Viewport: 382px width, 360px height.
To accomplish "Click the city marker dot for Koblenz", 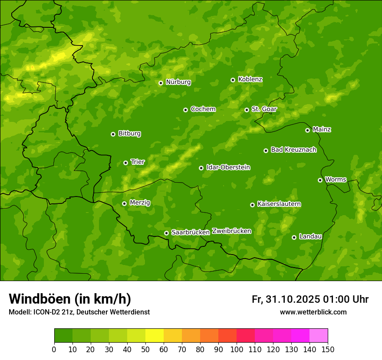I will pyautogui.click(x=233, y=80).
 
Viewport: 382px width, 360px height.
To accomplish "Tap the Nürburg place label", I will pyautogui.click(x=178, y=82).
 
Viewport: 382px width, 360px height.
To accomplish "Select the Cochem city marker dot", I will pyautogui.click(x=185, y=110).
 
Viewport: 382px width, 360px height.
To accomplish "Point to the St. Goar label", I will pyautogui.click(x=264, y=109).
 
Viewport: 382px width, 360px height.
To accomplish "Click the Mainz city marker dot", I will pyautogui.click(x=307, y=130).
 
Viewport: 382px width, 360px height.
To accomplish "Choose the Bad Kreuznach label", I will pyautogui.click(x=293, y=150).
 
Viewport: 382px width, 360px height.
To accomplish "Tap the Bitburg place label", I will pyautogui.click(x=129, y=134).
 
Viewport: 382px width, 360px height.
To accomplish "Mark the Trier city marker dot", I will pyautogui.click(x=125, y=163).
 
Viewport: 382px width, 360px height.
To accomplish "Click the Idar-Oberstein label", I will pyautogui.click(x=228, y=167).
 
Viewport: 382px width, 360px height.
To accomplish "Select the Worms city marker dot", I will pyautogui.click(x=320, y=180).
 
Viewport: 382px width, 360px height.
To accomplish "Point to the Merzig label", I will pyautogui.click(x=140, y=203).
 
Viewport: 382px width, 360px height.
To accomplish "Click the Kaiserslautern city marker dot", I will pyautogui.click(x=252, y=205).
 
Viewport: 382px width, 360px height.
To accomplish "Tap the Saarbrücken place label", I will pyautogui.click(x=191, y=232).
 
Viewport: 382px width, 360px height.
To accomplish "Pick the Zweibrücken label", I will pyautogui.click(x=231, y=231).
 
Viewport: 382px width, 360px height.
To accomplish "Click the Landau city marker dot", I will pyautogui.click(x=294, y=237).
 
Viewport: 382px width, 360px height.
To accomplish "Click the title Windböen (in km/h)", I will pyautogui.click(x=70, y=299).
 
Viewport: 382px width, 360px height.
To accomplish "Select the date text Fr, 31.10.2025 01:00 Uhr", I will pyautogui.click(x=310, y=299).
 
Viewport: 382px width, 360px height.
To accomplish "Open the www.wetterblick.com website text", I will pyautogui.click(x=313, y=312).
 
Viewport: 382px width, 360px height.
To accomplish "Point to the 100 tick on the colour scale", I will pyautogui.click(x=237, y=349).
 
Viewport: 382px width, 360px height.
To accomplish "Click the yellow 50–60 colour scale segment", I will pyautogui.click(x=155, y=336).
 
